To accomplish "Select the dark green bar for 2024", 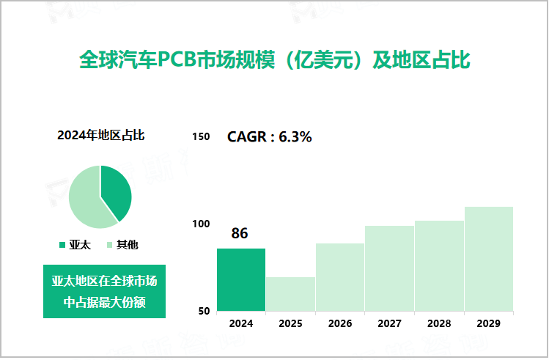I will [x=241, y=279].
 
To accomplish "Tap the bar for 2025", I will [x=290, y=293].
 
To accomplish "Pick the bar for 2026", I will [x=340, y=276].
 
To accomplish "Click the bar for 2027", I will [x=389, y=268].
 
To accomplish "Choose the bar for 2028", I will [x=439, y=265].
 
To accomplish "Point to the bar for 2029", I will [x=489, y=258].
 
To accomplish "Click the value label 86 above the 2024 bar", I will [x=240, y=234].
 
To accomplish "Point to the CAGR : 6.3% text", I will [x=270, y=136].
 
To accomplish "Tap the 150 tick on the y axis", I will [x=201, y=136].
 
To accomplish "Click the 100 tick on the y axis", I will [x=201, y=224].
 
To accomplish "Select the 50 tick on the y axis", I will [x=204, y=311].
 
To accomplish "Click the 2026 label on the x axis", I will [x=340, y=323].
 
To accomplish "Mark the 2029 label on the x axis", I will [x=489, y=323].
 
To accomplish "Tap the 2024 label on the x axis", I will [x=241, y=323].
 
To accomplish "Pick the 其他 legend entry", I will [x=122, y=244].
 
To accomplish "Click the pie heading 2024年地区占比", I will [x=100, y=135].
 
